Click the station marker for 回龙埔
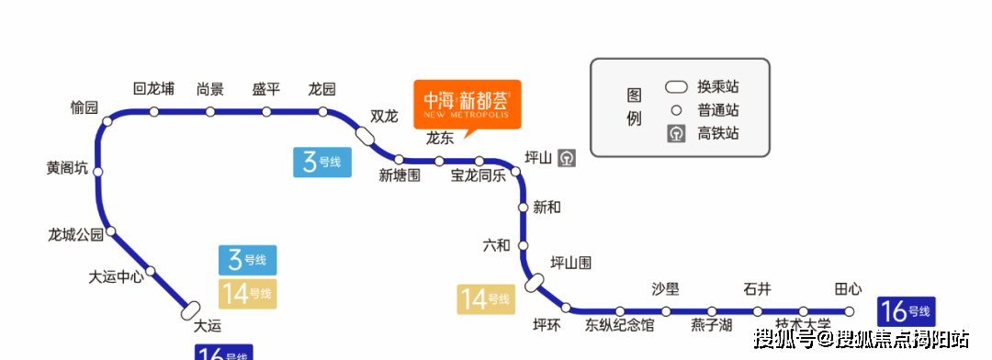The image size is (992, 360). point(154,112)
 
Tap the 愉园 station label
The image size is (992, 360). point(84,107)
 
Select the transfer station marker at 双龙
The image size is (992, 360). point(365,136)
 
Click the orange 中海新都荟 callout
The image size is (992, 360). point(467,104)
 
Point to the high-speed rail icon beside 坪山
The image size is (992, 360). point(568,157)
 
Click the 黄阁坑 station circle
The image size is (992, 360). point(98,172)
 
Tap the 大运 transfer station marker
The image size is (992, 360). point(192,310)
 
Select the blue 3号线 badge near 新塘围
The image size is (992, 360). point(321,162)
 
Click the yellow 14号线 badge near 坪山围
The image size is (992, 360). point(486,299)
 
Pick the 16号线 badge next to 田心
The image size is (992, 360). point(906,310)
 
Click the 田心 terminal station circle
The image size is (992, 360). point(850,311)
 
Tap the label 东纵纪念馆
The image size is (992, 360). point(620,325)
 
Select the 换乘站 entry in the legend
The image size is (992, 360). point(703,87)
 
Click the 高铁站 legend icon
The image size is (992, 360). point(677,133)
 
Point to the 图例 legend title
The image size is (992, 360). point(634,107)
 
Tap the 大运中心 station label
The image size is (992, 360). point(116,276)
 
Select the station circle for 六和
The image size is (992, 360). point(524,245)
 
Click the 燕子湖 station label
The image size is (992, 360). point(711,325)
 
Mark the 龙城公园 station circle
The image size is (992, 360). point(111,231)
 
